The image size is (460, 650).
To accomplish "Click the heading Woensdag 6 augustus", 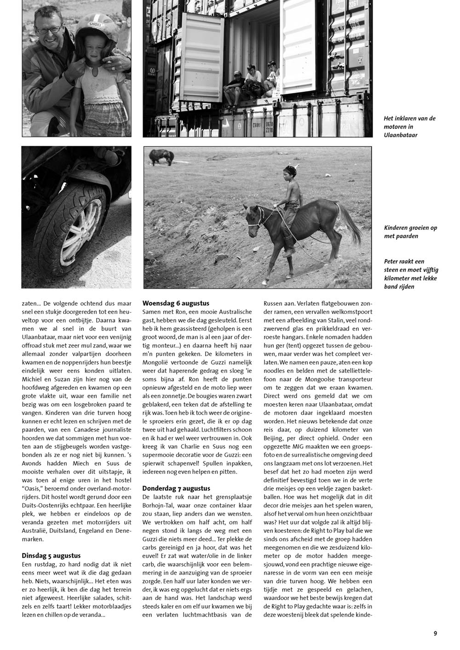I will (x=176, y=303).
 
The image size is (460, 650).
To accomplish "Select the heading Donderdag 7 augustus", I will (x=176, y=488).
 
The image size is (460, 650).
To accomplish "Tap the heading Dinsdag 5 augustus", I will (x=51, y=555).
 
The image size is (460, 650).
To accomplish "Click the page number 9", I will (x=435, y=633).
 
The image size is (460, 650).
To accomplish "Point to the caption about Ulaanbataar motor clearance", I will (x=409, y=126).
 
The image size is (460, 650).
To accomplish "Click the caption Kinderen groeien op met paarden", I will (x=410, y=232).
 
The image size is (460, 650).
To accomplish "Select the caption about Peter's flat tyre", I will (x=410, y=274).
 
